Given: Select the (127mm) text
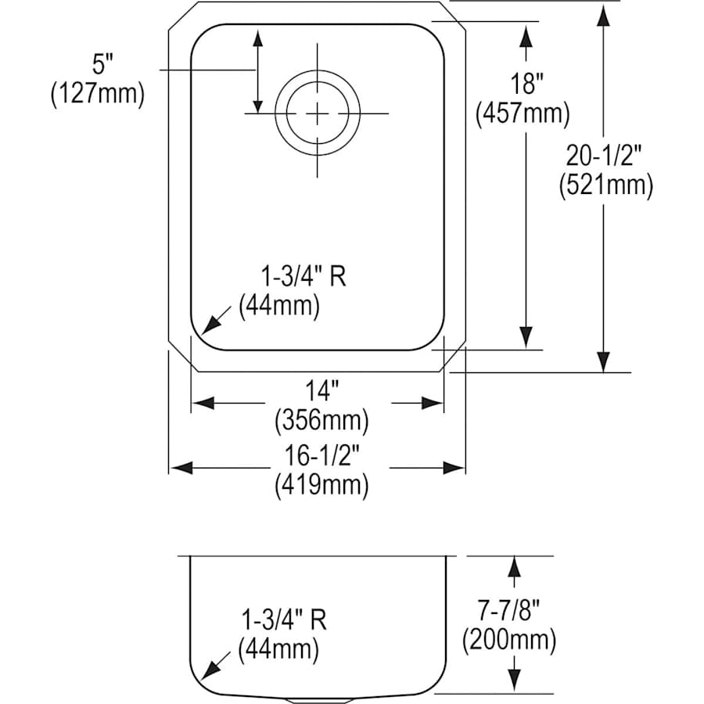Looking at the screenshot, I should click(97, 94).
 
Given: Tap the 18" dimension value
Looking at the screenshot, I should click(522, 82).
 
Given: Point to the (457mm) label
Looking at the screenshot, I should click(522, 113).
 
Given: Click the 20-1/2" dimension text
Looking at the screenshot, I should click(605, 155).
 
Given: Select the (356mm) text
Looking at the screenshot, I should click(321, 422).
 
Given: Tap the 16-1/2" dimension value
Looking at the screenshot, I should click(321, 454).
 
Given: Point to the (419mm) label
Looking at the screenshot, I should click(321, 486).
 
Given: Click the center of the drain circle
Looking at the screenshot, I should click(317, 114).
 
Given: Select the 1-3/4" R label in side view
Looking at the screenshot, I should click(284, 620).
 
